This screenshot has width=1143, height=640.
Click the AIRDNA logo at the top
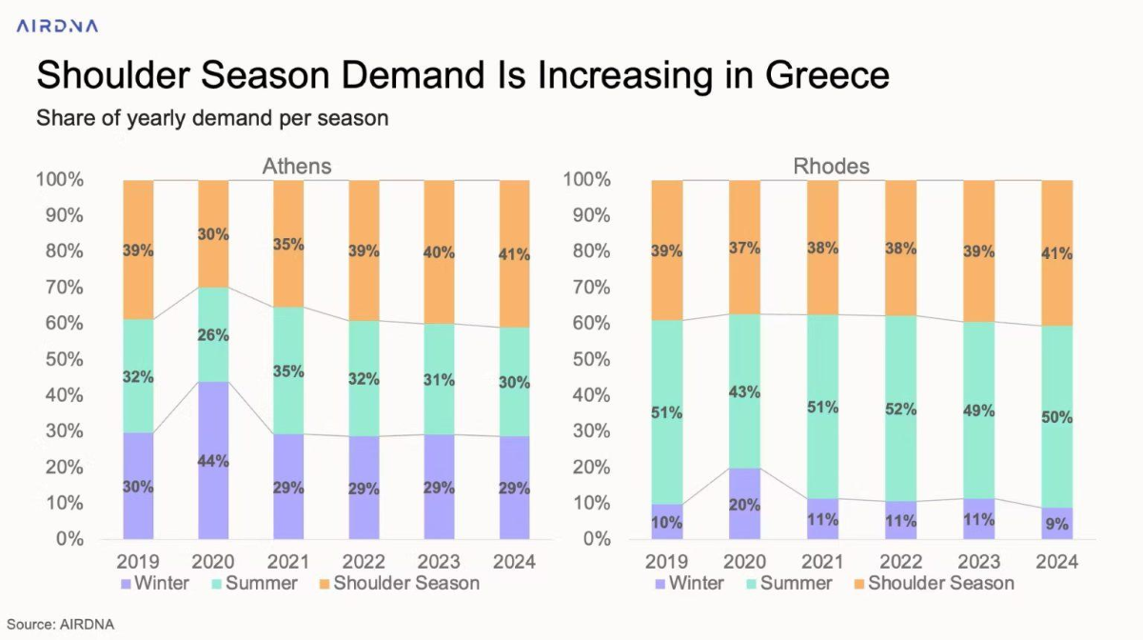tap(57, 26)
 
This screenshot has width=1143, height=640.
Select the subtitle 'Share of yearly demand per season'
tap(212, 119)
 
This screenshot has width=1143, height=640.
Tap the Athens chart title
tap(297, 167)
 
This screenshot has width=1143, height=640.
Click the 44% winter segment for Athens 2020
tap(213, 460)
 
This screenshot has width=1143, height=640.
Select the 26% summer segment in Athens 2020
tap(213, 334)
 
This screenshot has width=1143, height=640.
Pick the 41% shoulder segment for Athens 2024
tap(515, 253)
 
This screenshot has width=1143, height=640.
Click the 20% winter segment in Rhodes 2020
tap(744, 503)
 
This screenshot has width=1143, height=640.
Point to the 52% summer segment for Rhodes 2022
tap(900, 410)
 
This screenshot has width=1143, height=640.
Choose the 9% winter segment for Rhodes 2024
tap(1056, 523)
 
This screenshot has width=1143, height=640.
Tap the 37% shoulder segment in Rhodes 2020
tap(744, 247)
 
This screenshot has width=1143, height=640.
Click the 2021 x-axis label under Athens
tap(288, 562)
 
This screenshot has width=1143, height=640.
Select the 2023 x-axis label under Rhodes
tap(978, 562)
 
